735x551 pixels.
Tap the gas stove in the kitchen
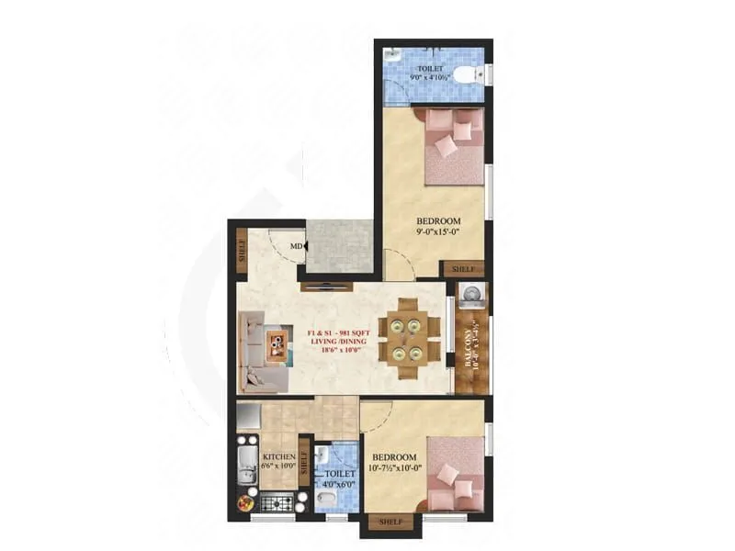click(x=277, y=502)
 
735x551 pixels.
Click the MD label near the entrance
click(x=296, y=246)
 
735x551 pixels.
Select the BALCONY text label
click(x=469, y=343)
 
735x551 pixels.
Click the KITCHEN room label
click(x=277, y=457)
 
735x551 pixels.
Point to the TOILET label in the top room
click(x=429, y=68)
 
